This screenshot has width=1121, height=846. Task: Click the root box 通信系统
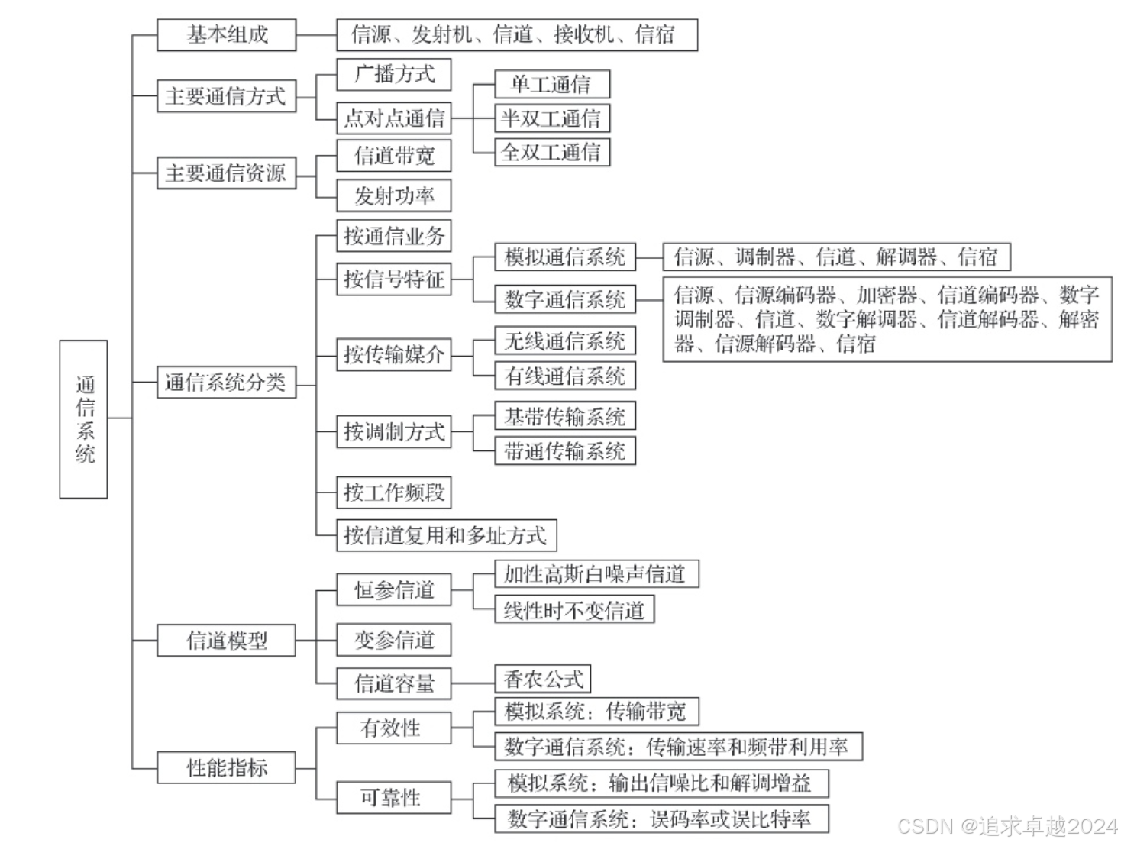click(x=83, y=419)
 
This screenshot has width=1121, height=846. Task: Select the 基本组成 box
click(x=227, y=35)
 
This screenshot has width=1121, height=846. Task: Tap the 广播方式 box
click(x=394, y=75)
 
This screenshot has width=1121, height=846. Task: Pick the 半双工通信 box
click(x=552, y=118)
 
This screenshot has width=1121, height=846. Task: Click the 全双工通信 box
click(x=552, y=152)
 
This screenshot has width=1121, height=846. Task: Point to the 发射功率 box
click(x=394, y=196)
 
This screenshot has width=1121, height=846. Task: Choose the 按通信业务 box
click(x=394, y=236)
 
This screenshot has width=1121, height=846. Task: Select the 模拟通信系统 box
click(x=565, y=257)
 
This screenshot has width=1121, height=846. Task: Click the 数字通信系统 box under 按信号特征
click(x=565, y=299)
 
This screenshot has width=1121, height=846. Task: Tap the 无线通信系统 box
click(x=565, y=341)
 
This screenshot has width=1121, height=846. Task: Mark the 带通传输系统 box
click(x=565, y=451)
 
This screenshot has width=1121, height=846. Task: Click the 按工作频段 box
click(x=394, y=492)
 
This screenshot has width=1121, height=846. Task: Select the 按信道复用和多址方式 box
click(x=446, y=535)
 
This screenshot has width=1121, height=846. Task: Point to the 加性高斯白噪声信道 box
click(x=596, y=574)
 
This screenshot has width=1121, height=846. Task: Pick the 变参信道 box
click(x=394, y=640)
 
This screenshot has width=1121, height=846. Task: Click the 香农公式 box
click(x=543, y=679)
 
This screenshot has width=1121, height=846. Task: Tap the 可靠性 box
click(x=394, y=798)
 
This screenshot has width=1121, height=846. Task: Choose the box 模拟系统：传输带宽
click(x=596, y=712)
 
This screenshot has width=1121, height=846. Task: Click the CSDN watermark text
click(x=1008, y=826)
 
